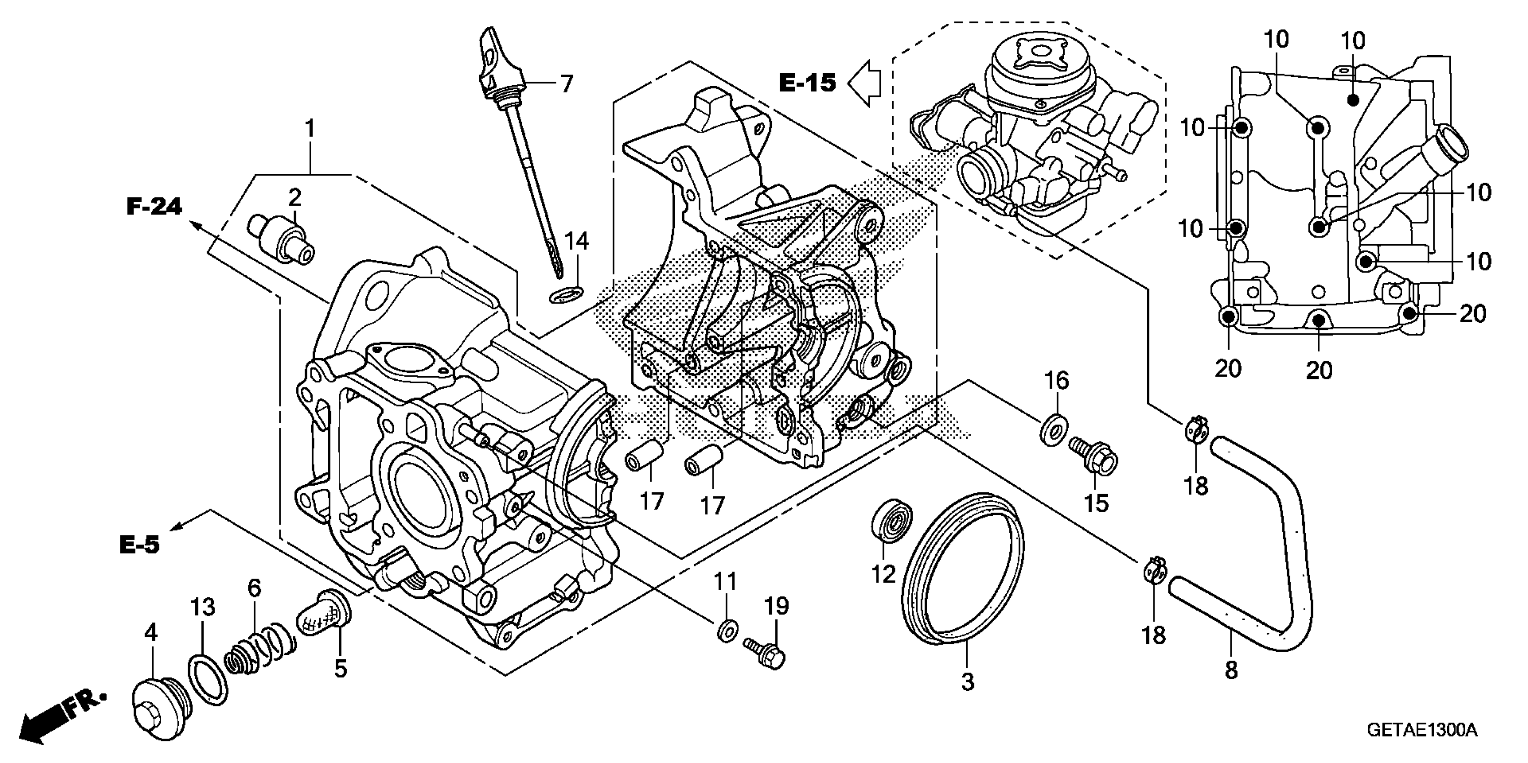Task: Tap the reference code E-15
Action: [807, 83]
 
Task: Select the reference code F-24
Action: [154, 207]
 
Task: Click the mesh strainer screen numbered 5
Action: [323, 614]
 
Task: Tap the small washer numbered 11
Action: [727, 631]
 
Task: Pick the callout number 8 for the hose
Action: [1231, 671]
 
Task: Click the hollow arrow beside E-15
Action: [864, 83]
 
